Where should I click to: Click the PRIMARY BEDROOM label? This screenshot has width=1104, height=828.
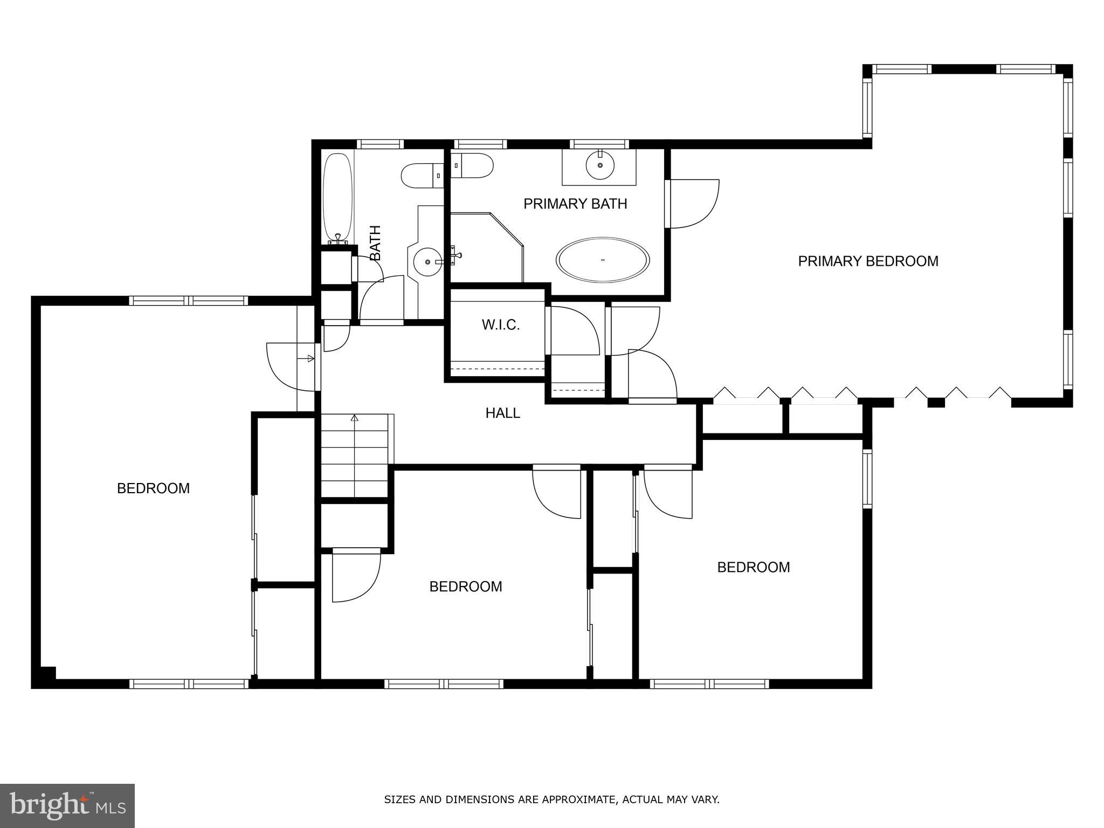[x=868, y=261]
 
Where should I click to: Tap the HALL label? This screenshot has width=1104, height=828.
[x=502, y=413]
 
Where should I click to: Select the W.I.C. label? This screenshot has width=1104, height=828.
[x=500, y=325]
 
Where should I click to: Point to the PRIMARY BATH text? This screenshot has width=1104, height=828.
[x=575, y=204]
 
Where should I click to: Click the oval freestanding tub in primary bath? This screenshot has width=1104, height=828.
[x=603, y=260]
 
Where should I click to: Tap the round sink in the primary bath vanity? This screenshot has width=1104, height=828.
[x=599, y=164]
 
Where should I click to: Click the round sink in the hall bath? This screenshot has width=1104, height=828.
[x=427, y=262]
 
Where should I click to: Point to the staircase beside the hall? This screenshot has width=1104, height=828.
[x=355, y=456]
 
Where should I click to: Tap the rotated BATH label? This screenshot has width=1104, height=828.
[x=375, y=243]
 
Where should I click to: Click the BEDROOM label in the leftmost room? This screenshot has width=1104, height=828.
[x=153, y=488]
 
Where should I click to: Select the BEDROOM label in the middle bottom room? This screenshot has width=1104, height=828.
[x=466, y=586]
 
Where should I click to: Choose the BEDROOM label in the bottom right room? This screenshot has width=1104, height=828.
[x=753, y=567]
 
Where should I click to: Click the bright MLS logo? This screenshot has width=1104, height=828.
[x=67, y=806]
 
